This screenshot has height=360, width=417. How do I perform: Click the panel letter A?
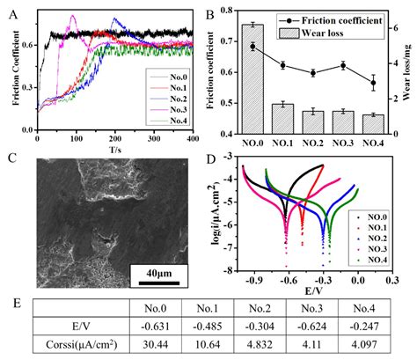click(11, 10)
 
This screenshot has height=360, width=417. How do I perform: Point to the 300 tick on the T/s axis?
click(154, 139)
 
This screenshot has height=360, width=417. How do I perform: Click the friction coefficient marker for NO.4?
click(373, 84)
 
